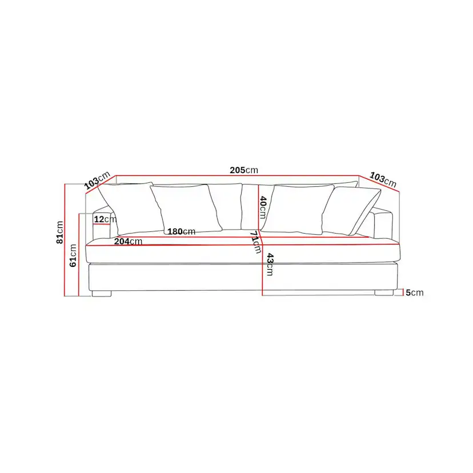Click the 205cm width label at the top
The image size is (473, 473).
pyautogui.click(x=244, y=170)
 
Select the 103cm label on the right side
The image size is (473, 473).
pyautogui.click(x=383, y=179)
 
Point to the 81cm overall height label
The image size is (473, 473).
pyautogui.click(x=59, y=233)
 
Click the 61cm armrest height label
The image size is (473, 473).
pyautogui.click(x=73, y=255)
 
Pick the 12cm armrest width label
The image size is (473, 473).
pyautogui.click(x=105, y=219)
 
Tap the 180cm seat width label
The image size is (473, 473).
pyautogui.click(x=181, y=231)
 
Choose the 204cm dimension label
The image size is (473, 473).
pyautogui.click(x=128, y=241)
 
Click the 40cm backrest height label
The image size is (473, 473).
pyautogui.click(x=263, y=207)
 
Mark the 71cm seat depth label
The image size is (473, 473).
pyautogui.click(x=255, y=242)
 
